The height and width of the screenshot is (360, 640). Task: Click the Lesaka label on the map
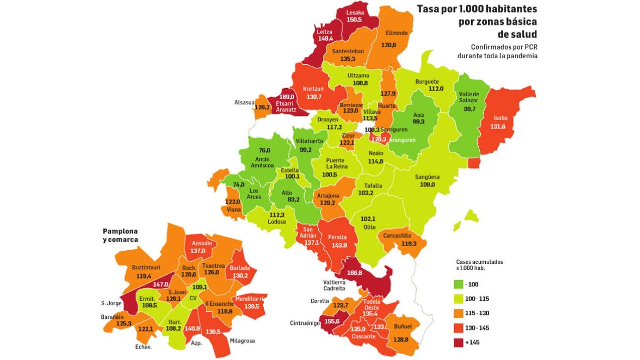[x=355, y=13]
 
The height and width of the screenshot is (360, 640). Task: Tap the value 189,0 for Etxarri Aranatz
[x=287, y=97]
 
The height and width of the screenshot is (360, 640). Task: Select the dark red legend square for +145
[x=459, y=342]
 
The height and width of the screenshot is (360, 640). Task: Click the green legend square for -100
[x=459, y=284]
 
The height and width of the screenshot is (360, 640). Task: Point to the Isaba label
[x=500, y=118]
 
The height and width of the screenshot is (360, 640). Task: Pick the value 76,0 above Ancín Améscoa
[x=265, y=150]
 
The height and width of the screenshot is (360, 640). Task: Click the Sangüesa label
[x=427, y=177]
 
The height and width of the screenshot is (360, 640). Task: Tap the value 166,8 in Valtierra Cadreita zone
[x=354, y=273]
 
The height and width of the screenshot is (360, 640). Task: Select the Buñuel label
[x=403, y=326]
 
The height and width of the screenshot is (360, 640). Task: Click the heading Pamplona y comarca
[x=120, y=235]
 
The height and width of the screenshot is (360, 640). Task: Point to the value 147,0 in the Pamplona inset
[x=160, y=284]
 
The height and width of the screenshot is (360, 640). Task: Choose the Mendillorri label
[x=249, y=299]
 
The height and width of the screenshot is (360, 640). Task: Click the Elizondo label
[x=397, y=33]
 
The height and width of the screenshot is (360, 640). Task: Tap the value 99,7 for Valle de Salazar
[x=469, y=109]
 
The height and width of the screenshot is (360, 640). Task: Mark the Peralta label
[x=337, y=237]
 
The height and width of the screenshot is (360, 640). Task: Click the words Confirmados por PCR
[x=504, y=47]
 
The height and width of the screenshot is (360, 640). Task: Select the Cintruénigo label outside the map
[x=305, y=323]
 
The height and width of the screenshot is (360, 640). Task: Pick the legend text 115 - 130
[x=477, y=313]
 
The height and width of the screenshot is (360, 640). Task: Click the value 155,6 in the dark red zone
[x=332, y=321]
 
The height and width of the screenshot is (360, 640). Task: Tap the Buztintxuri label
[x=146, y=267]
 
